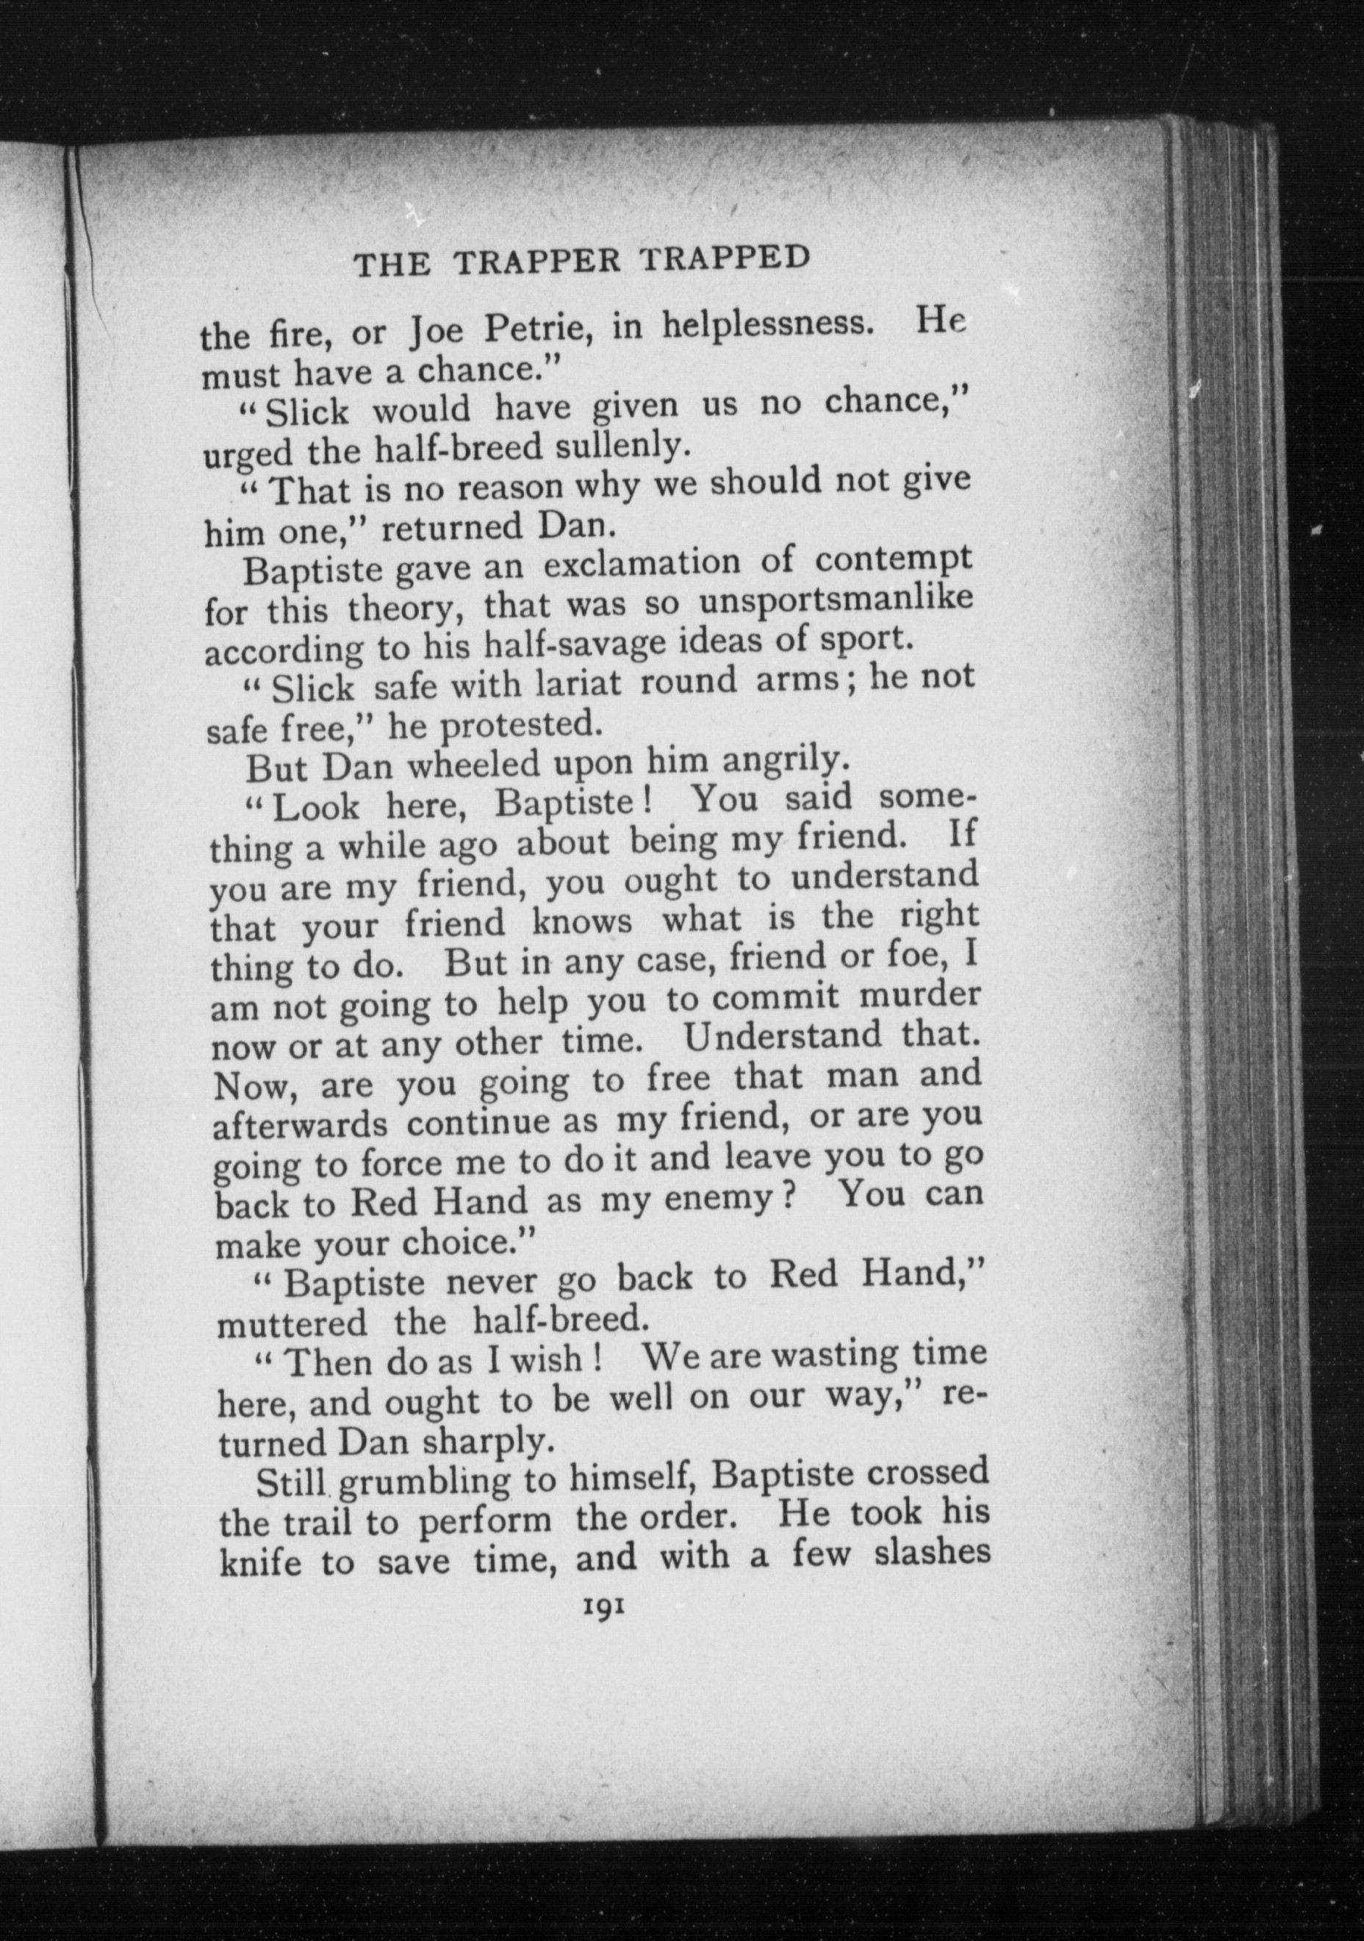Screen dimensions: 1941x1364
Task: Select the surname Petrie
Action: (536, 329)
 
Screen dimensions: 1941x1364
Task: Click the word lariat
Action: (578, 684)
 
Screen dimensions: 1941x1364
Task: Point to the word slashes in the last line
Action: (931, 1554)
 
